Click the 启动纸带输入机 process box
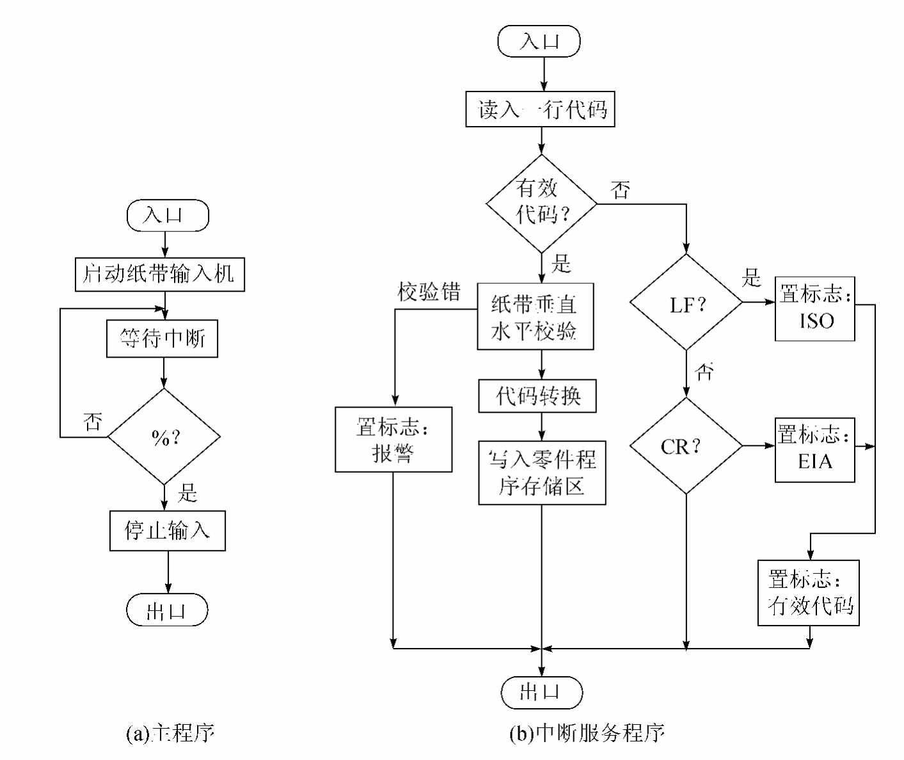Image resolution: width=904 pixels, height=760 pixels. tap(160, 274)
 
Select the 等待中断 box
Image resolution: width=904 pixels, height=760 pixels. tap(162, 338)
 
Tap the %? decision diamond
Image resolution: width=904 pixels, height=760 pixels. tap(164, 437)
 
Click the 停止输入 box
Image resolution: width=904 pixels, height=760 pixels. tap(168, 530)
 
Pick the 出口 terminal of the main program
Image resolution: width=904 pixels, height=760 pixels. tap(167, 610)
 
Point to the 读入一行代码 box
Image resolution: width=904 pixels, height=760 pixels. tap(540, 109)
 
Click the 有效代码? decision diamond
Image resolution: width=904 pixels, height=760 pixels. tap(541, 203)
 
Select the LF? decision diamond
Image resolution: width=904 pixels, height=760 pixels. tap(686, 303)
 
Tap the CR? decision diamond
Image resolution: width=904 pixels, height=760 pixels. tap(686, 446)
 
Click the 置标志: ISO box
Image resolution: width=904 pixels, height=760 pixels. tap(815, 308)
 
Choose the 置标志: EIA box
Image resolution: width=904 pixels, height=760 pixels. tap(815, 450)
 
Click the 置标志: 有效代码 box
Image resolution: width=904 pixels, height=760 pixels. tap(809, 593)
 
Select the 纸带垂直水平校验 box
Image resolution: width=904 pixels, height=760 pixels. tap(535, 317)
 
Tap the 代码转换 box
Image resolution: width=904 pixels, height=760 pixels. tap(537, 396)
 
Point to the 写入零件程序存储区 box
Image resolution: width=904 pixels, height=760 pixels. tap(542, 473)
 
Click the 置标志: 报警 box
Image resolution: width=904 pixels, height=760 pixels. tap(393, 439)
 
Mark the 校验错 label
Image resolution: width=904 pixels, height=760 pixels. tap(429, 292)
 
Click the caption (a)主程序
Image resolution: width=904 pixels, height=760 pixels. tap(170, 732)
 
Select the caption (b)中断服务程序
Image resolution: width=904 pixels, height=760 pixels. tap(587, 732)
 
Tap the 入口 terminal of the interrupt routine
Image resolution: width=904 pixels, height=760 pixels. tap(539, 42)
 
